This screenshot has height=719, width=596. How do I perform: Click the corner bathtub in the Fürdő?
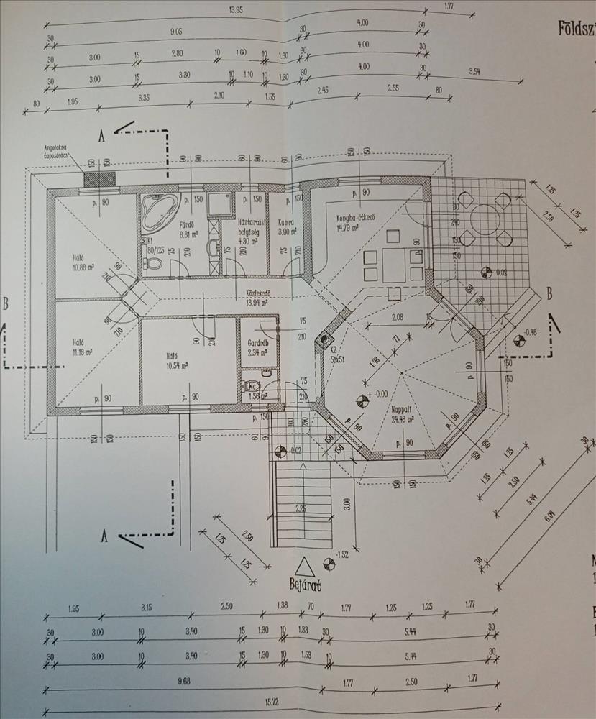pyautogui.click(x=158, y=209)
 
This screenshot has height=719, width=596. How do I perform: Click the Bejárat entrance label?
pyautogui.click(x=305, y=584)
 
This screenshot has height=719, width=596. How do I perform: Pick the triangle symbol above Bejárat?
pyautogui.click(x=304, y=566)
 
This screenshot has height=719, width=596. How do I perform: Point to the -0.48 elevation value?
pyautogui.click(x=531, y=332)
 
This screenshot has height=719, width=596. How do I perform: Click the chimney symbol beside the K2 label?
pyautogui.click(x=326, y=340)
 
